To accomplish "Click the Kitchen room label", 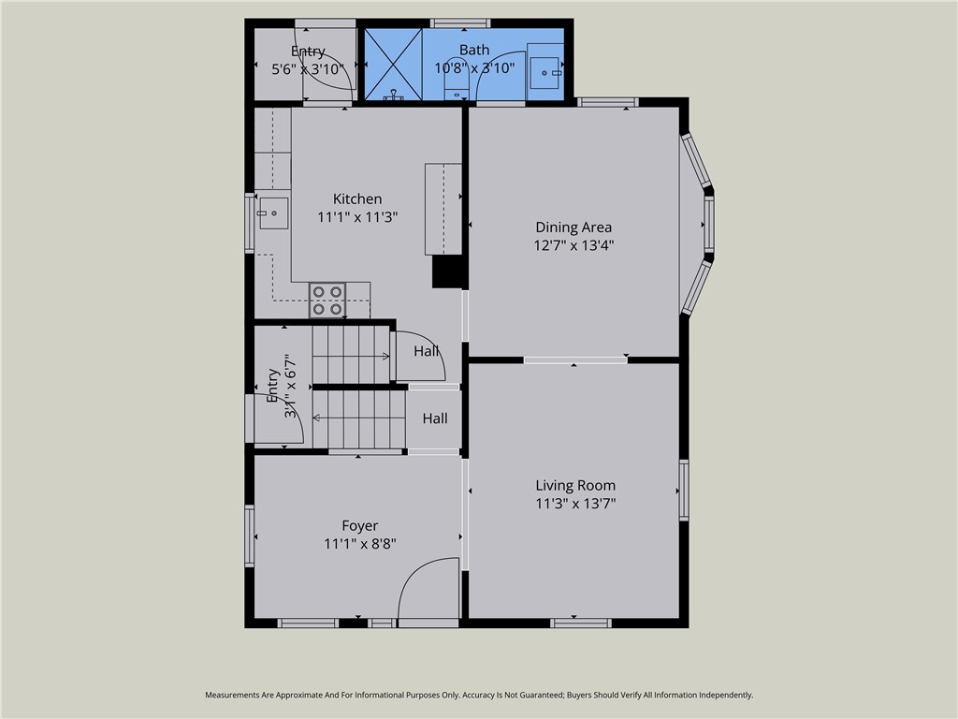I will (x=357, y=198).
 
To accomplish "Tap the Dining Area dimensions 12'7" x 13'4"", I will (x=573, y=245).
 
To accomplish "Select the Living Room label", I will (x=575, y=485).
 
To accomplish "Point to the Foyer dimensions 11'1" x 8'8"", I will (x=360, y=544).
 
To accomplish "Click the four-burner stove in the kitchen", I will (x=327, y=300).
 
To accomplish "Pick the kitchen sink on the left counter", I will (x=273, y=213).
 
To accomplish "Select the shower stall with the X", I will (x=392, y=64).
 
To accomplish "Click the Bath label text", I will (x=474, y=50).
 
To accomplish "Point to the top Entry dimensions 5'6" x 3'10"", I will (x=308, y=68).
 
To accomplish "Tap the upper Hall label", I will (x=427, y=351).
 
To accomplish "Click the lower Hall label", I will (x=434, y=418).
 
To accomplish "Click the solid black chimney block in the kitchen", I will (x=448, y=271).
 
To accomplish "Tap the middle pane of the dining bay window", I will (x=708, y=225).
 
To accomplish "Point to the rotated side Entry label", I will (x=272, y=386).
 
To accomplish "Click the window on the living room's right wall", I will (x=684, y=491).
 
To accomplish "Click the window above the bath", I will (x=459, y=22).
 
